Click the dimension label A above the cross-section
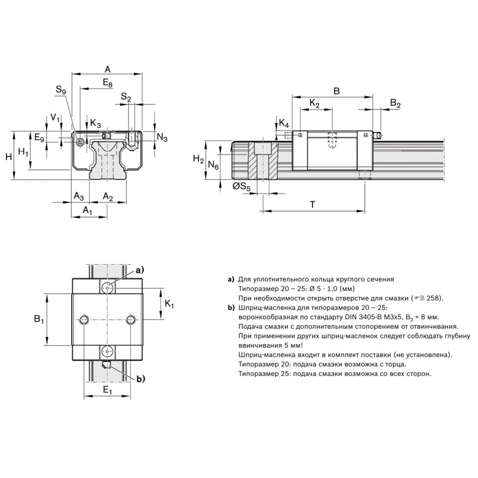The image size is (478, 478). click(x=108, y=69)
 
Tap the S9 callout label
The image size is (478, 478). click(x=61, y=90)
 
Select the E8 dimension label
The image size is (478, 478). click(x=108, y=82)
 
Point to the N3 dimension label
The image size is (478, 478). click(x=162, y=137)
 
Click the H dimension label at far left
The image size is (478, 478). click(x=9, y=157)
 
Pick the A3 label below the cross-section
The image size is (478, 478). click(x=79, y=196)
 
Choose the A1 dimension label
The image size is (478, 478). click(x=87, y=210)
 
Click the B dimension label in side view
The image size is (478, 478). click(x=336, y=91)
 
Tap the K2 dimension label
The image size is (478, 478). click(x=314, y=103)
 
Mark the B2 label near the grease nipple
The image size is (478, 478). click(x=395, y=103)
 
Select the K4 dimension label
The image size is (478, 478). click(x=284, y=124)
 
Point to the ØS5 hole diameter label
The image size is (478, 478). click(x=241, y=186)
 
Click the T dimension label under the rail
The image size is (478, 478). click(x=312, y=204)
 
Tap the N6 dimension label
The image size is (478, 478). click(x=213, y=166)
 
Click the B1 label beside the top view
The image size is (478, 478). click(x=39, y=320)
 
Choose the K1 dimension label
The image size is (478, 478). click(x=169, y=304)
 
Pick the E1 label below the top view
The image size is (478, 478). click(x=108, y=390)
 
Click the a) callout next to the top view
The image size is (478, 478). click(x=140, y=270)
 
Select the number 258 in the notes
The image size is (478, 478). click(x=433, y=298)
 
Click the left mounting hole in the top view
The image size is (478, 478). click(x=84, y=320)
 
